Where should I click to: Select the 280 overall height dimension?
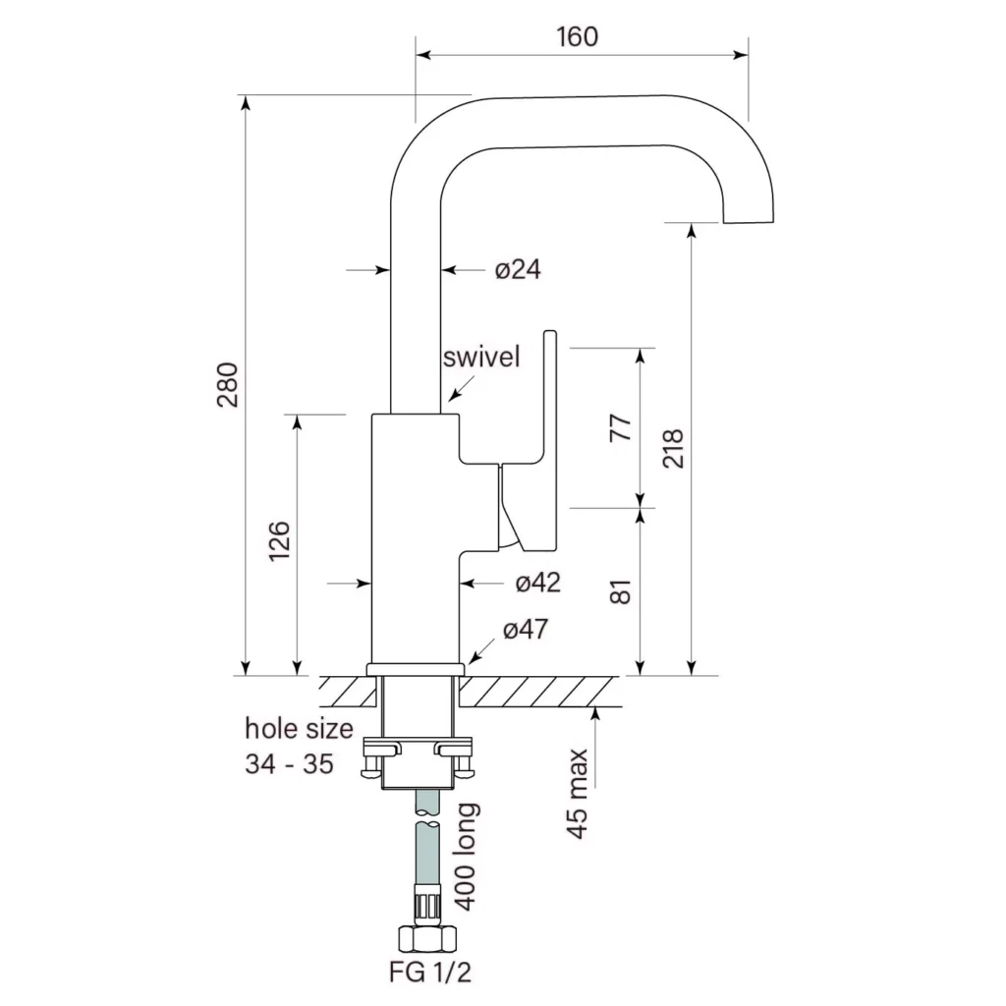pyautogui.click(x=227, y=386)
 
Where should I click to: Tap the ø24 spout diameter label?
pyautogui.click(x=518, y=268)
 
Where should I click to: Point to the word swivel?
pyautogui.click(x=480, y=357)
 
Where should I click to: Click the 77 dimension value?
pyautogui.click(x=621, y=429)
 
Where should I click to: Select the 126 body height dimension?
pyautogui.click(x=280, y=541)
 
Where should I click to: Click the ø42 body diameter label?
pyautogui.click(x=537, y=583)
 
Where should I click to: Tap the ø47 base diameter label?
pyautogui.click(x=527, y=630)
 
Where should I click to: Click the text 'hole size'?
pyautogui.click(x=298, y=729)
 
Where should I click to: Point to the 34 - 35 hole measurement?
pyautogui.click(x=289, y=763)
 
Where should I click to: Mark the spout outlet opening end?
pyautogui.click(x=749, y=221)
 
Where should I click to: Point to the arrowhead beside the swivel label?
pyautogui.click(x=452, y=397)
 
